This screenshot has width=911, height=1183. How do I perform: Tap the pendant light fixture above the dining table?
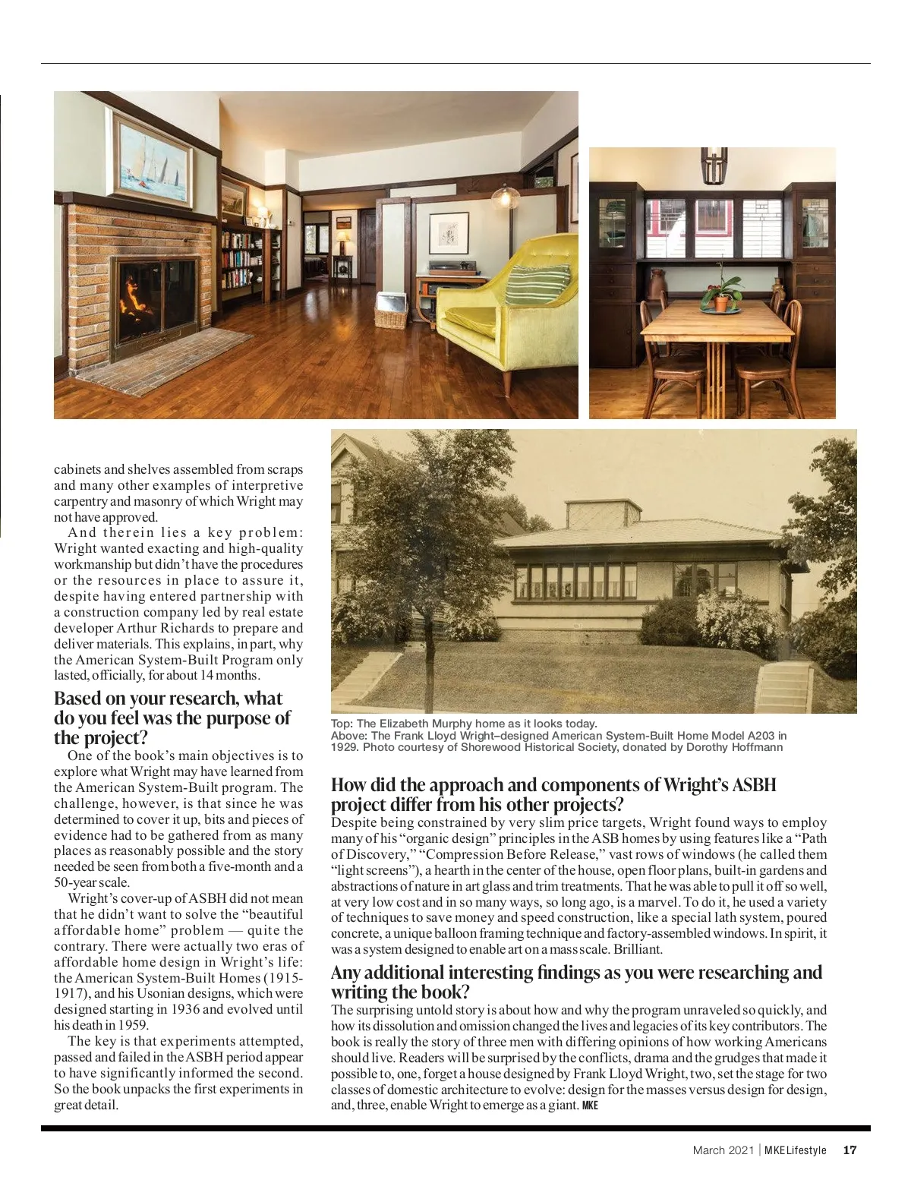[713, 166]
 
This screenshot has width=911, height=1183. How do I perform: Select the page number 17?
[850, 1150]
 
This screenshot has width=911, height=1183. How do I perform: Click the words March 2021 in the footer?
[723, 1150]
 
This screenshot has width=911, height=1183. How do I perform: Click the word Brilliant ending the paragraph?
[638, 949]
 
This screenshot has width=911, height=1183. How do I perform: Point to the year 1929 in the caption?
[344, 747]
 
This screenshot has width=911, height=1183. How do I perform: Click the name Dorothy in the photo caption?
[708, 747]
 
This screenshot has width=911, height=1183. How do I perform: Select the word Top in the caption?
[341, 724]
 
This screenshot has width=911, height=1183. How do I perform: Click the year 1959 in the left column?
[132, 1025]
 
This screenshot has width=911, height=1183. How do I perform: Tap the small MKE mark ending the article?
[590, 1106]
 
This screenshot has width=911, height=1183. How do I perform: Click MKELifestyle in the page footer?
[795, 1150]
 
